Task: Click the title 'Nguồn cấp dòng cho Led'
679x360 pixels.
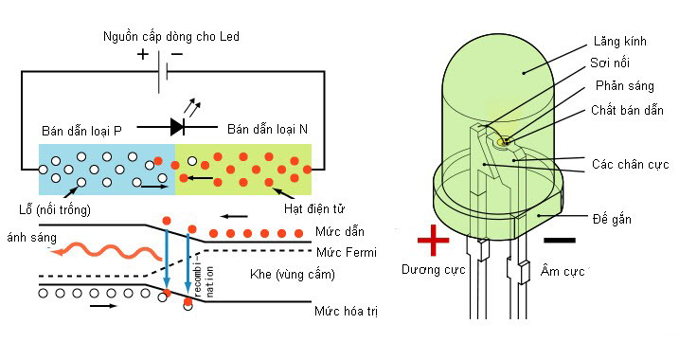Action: click(x=170, y=37)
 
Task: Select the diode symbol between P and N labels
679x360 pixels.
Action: click(x=178, y=126)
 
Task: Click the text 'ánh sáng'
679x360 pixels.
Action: click(x=27, y=237)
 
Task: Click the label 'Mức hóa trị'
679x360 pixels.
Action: click(x=347, y=311)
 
